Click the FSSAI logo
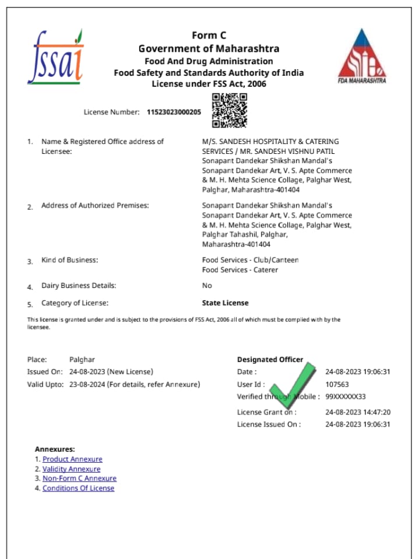57,57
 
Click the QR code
229,110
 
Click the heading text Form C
209,36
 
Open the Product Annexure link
72,459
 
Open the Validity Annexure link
71,469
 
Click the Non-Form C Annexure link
79,479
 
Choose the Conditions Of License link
78,488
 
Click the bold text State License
225,303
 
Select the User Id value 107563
337,385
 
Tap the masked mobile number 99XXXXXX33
345,397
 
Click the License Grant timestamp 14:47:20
357,412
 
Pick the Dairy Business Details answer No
207,286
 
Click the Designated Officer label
270,360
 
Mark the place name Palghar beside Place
82,360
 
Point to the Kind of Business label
69,260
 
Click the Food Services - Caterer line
240,270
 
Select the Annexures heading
55,449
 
